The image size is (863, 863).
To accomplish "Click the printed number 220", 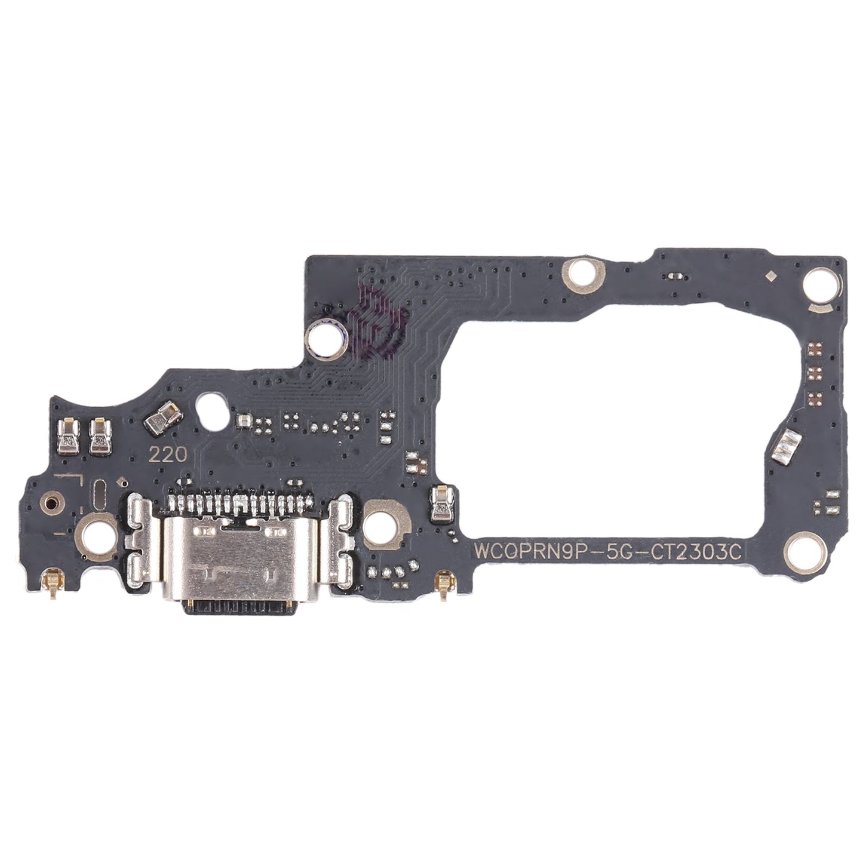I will (x=168, y=455).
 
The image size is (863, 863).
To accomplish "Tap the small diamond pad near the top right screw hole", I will (x=771, y=275).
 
